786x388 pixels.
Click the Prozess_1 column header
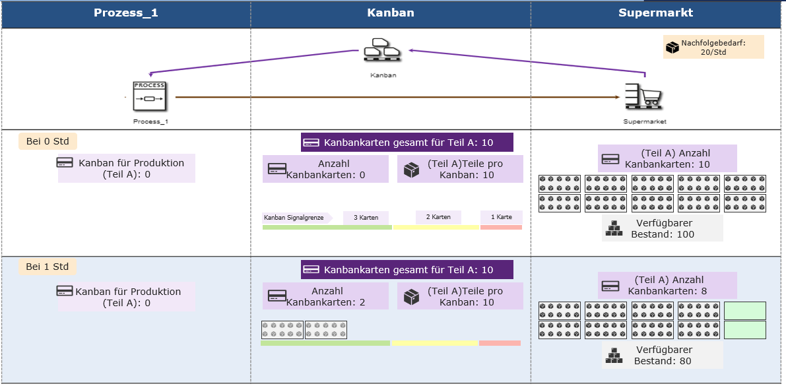point(126,13)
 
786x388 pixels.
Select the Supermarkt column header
point(656,13)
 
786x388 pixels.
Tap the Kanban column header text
point(391,13)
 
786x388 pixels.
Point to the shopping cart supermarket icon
point(644,97)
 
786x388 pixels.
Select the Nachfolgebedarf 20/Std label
point(713,47)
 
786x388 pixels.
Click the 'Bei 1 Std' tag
point(48,266)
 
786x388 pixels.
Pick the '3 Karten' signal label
point(366,218)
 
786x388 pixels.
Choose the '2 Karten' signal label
point(438,217)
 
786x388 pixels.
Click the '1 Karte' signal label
point(502,217)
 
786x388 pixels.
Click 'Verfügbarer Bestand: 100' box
point(662,228)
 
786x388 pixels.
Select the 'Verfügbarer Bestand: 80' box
point(662,356)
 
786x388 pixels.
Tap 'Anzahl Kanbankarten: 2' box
point(325,296)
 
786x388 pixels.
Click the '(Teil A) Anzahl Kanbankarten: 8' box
point(668,286)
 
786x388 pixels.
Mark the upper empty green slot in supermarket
point(745,311)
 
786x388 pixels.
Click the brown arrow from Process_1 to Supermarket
point(398,97)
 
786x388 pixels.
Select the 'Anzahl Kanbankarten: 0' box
point(325,169)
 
